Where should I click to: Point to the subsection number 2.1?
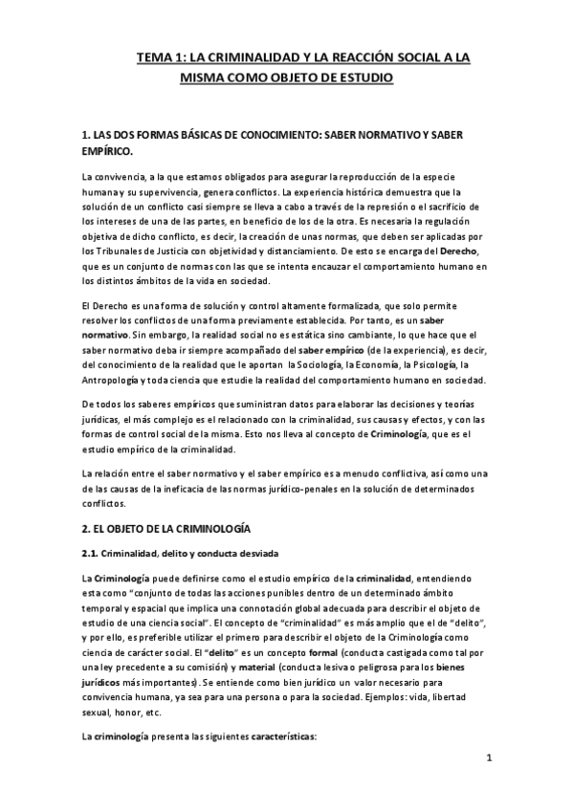[x=94, y=553]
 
